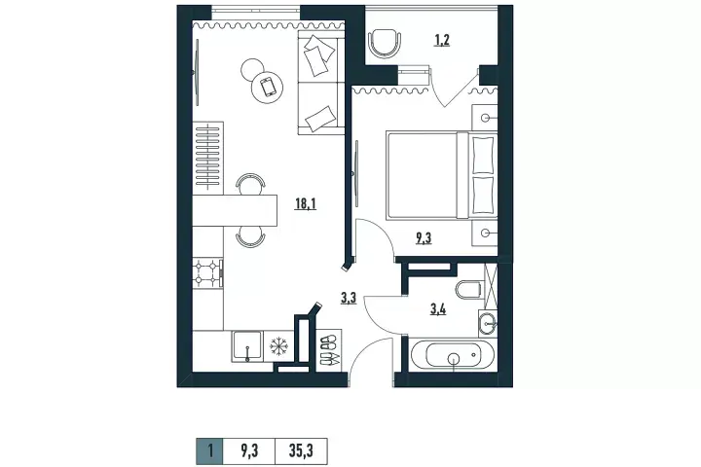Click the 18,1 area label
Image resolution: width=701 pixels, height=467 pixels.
click(x=306, y=204)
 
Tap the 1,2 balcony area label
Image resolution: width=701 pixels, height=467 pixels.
click(x=442, y=40)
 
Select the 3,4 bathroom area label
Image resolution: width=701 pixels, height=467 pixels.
click(x=438, y=308)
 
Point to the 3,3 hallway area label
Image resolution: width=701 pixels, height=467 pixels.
click(x=349, y=298)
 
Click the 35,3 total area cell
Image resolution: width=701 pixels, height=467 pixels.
click(x=301, y=450)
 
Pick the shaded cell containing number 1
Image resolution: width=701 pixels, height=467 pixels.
click(x=209, y=450)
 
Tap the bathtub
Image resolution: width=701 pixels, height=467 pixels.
click(x=453, y=355)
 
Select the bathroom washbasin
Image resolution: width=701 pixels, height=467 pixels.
click(x=488, y=323)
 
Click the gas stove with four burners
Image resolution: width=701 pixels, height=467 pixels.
click(x=208, y=272)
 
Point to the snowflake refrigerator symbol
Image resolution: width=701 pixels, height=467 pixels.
click(x=278, y=346)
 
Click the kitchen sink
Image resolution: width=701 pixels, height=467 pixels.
click(x=246, y=345)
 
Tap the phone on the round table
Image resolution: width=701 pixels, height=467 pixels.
click(x=268, y=87)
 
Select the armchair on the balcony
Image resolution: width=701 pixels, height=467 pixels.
click(x=384, y=43)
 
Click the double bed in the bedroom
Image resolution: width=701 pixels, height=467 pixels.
click(x=442, y=175)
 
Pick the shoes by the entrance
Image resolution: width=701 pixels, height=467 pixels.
click(x=329, y=350)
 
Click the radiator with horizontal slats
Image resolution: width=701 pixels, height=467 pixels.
click(x=208, y=157)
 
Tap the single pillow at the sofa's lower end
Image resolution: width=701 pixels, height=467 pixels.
click(x=320, y=118)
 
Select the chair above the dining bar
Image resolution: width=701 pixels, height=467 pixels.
click(x=250, y=184)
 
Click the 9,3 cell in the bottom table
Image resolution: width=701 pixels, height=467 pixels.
click(x=249, y=450)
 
